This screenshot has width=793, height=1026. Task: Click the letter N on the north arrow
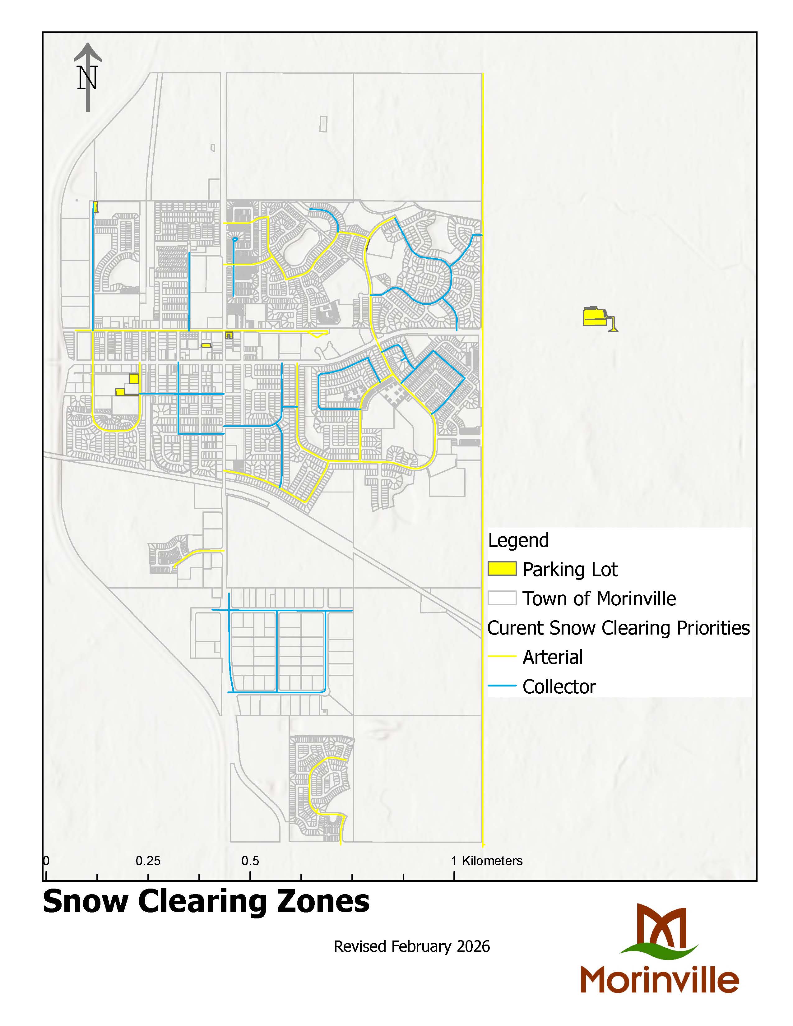pos(87,78)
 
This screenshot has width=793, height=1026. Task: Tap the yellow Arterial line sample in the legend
pos(502,656)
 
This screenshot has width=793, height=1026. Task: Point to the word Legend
pos(518,540)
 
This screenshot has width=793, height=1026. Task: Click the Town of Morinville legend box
pos(502,598)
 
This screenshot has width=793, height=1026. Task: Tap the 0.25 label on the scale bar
pos(148,861)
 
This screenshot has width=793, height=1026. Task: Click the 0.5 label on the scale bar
pos(250,861)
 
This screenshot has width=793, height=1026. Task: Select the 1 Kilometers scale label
pos(487,861)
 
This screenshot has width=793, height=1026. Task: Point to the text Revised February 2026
pos(411,946)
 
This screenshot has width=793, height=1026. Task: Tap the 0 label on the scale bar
pos(46,861)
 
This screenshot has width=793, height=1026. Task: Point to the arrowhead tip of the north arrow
pos(87,45)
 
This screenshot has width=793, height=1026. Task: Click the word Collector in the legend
pos(559,686)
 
